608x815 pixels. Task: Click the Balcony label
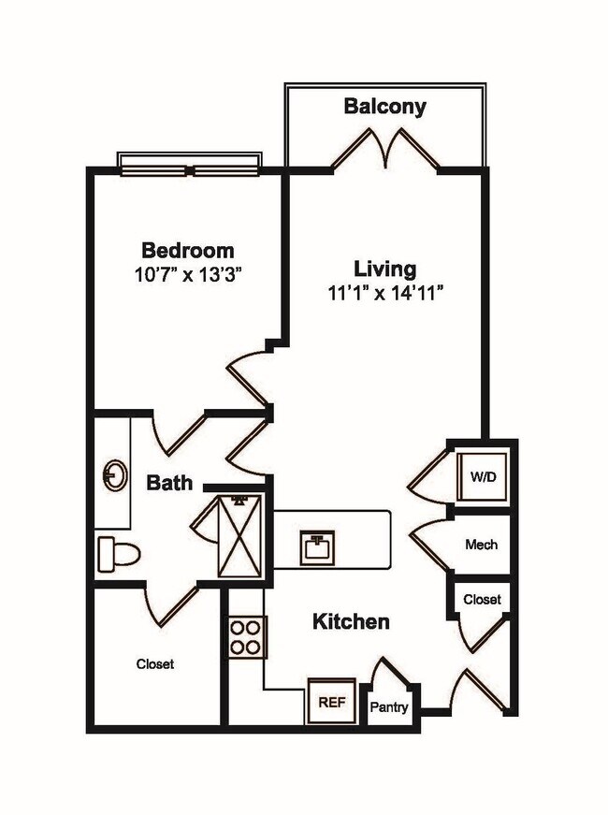click(384, 106)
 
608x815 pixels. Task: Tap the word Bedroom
click(187, 251)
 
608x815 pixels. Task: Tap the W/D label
click(483, 477)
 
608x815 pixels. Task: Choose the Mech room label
click(481, 544)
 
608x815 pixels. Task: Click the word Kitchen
click(350, 621)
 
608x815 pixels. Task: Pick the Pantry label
click(388, 706)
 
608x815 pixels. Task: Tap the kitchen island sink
click(318, 546)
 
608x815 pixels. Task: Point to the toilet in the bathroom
click(117, 554)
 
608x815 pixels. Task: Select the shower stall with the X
click(243, 535)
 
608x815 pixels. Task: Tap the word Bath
click(170, 483)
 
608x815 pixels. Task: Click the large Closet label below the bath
click(155, 663)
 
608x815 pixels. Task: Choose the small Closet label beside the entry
click(482, 599)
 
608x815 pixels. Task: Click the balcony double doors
click(385, 148)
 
